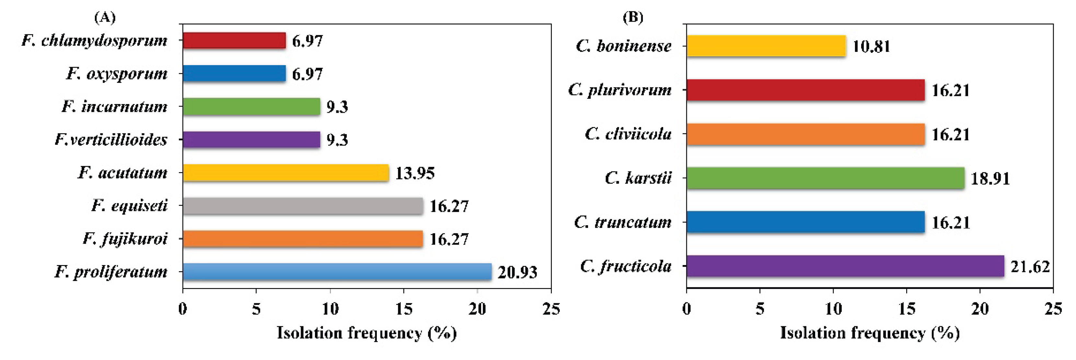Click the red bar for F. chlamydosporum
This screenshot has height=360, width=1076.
coord(234,41)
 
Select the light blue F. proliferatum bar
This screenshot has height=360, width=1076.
coord(337,272)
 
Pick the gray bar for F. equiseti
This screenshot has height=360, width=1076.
coord(302,206)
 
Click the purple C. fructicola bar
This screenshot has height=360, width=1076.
coord(845,266)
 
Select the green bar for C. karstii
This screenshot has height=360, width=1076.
coord(825,178)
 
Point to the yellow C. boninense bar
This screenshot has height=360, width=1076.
coord(766,46)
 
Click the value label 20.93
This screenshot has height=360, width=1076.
coord(517,272)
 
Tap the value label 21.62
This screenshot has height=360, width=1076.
coord(1030,266)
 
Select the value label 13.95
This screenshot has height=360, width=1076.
coord(415,173)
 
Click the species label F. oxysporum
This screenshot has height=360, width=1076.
coord(117,74)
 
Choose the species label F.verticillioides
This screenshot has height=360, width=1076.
coord(111,139)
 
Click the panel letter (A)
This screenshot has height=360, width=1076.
coord(105,17)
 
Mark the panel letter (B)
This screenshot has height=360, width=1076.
coord(633,17)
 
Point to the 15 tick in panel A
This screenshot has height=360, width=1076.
coord(403,309)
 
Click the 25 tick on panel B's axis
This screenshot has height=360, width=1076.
coord(1053,309)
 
